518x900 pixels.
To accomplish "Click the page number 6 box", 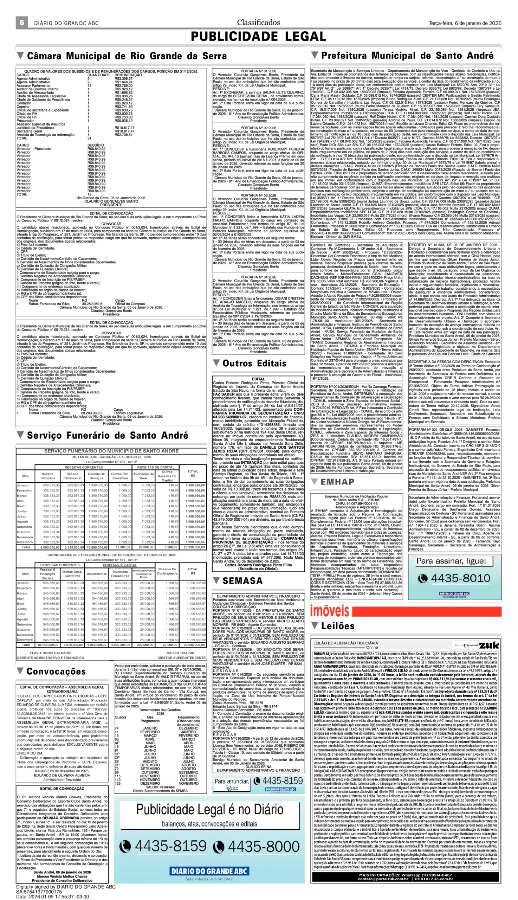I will [22, 23].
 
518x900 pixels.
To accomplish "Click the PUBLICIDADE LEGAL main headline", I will [258, 37].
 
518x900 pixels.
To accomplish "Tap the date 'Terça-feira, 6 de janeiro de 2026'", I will [465, 23].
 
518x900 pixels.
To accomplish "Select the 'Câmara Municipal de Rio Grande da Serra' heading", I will [127, 56].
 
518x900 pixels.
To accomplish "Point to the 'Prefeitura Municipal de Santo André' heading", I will [407, 56].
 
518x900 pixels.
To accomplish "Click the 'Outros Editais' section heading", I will [254, 364].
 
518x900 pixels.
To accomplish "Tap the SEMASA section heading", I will [242, 581].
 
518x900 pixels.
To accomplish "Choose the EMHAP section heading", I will [337, 482].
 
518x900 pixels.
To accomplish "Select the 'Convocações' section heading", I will [56, 671].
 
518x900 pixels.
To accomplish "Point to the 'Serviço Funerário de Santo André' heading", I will [107, 436].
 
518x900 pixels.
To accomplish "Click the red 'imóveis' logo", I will [329, 611].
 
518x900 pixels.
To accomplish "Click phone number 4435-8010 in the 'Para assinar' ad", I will [460, 578].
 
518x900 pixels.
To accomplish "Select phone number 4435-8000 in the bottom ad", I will [264, 846].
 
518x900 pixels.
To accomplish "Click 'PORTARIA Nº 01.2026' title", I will [258, 71].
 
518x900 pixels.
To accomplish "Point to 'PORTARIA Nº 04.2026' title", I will [258, 277].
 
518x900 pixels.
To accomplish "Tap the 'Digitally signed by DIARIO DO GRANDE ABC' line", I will [66, 887].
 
